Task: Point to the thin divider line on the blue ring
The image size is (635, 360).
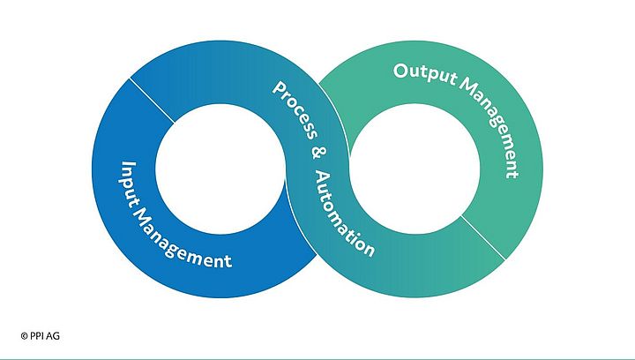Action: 151,100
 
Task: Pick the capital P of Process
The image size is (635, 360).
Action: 279,88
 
